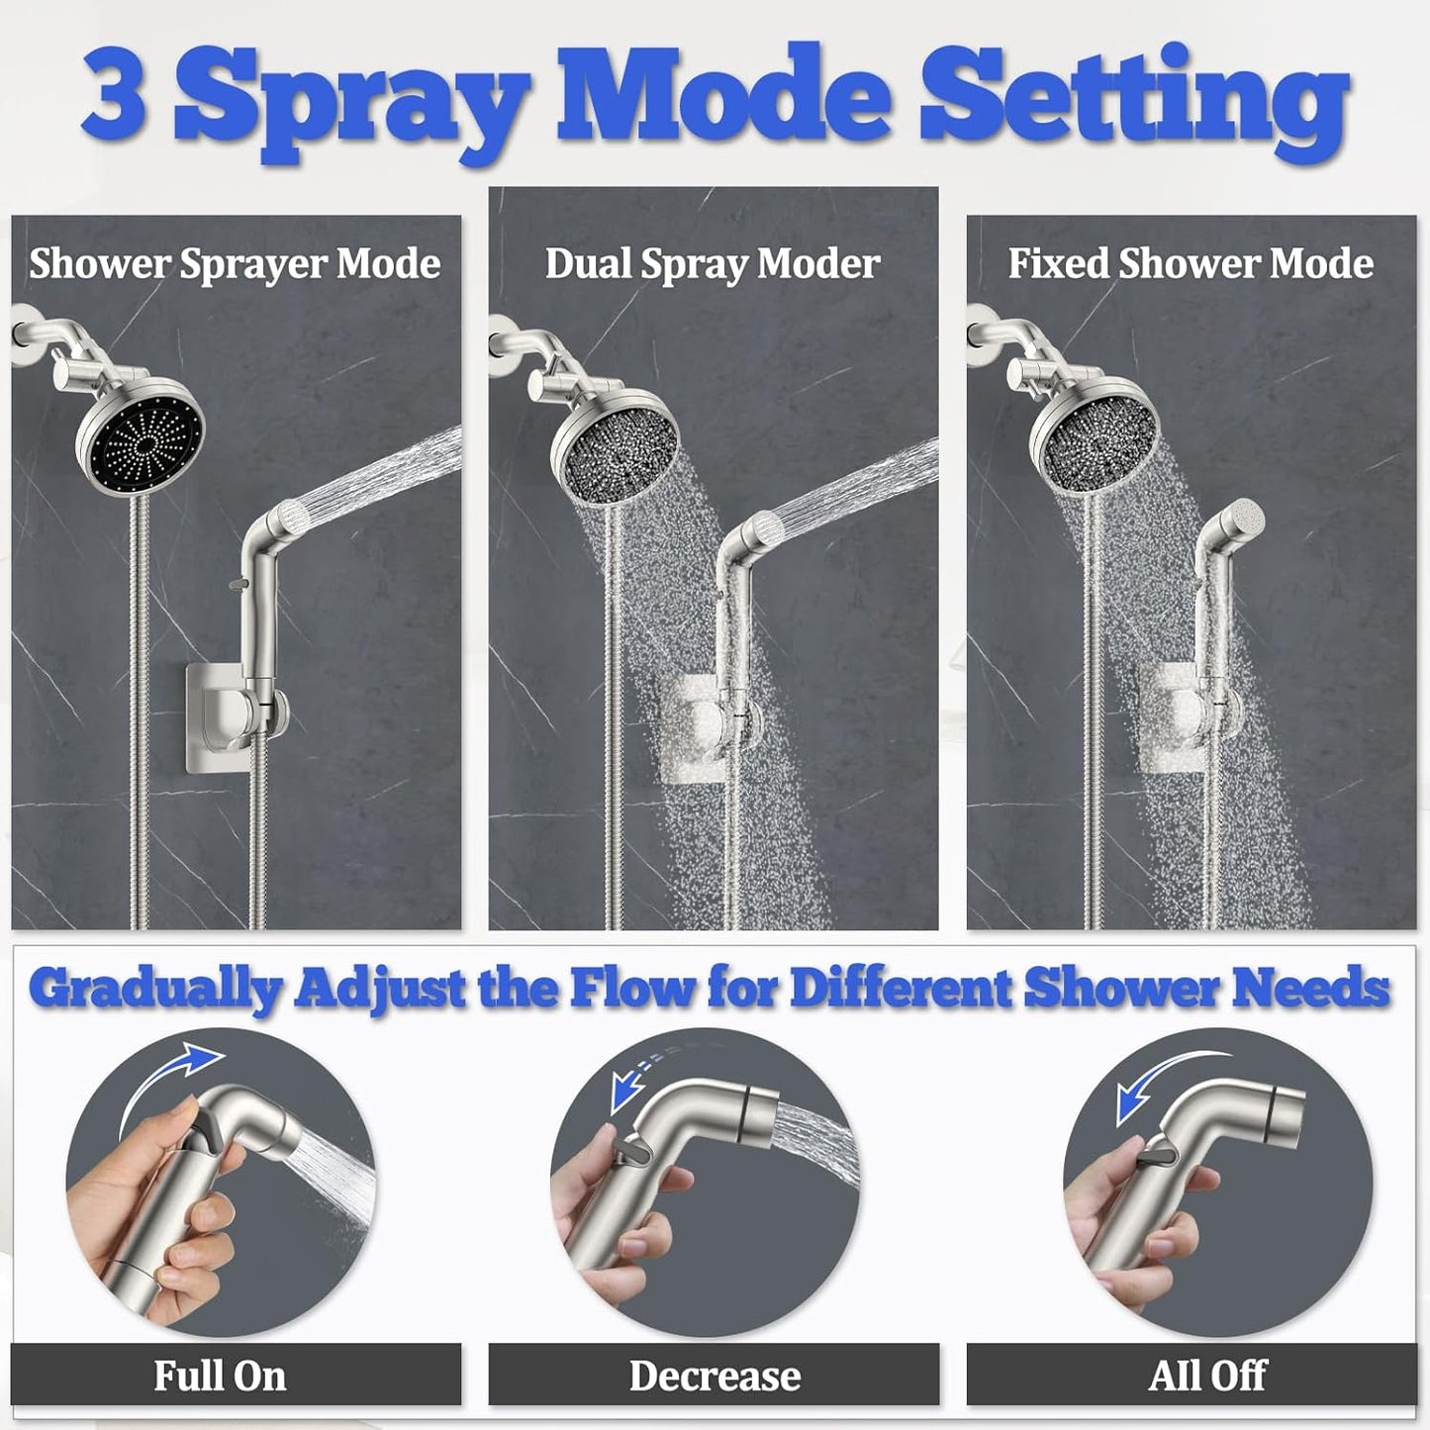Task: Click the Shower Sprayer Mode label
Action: click(235, 264)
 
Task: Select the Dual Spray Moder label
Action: click(713, 264)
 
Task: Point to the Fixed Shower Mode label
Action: click(1191, 264)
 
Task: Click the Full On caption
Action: click(220, 1376)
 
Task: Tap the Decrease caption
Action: click(715, 1376)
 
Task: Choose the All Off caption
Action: click(1207, 1376)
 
